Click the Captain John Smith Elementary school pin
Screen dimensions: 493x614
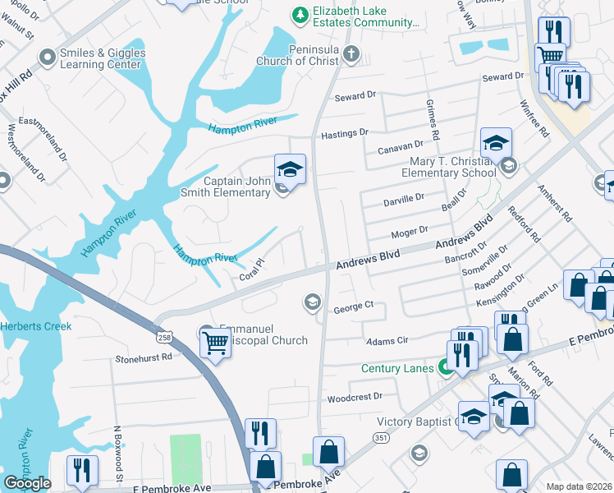[x=289, y=170]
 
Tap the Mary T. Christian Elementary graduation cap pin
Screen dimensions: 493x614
[x=496, y=144]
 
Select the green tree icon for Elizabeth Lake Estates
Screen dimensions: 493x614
[x=300, y=14]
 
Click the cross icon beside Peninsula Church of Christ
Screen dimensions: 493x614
[x=351, y=55]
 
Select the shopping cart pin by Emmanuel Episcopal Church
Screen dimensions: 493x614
[x=214, y=341]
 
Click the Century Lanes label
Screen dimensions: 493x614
[x=397, y=368]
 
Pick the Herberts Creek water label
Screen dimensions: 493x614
[x=36, y=326]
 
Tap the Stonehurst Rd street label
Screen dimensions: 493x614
[x=144, y=358]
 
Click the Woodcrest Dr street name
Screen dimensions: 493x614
[x=355, y=397]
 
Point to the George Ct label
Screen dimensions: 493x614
[x=354, y=306]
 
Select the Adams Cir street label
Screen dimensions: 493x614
[x=387, y=339]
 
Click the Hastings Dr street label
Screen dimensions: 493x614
[x=345, y=131]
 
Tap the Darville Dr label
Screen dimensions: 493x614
[x=404, y=198]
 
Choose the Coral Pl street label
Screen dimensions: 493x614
[x=251, y=270]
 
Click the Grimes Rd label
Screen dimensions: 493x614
[x=433, y=120]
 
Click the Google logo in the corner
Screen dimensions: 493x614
[x=27, y=483]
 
